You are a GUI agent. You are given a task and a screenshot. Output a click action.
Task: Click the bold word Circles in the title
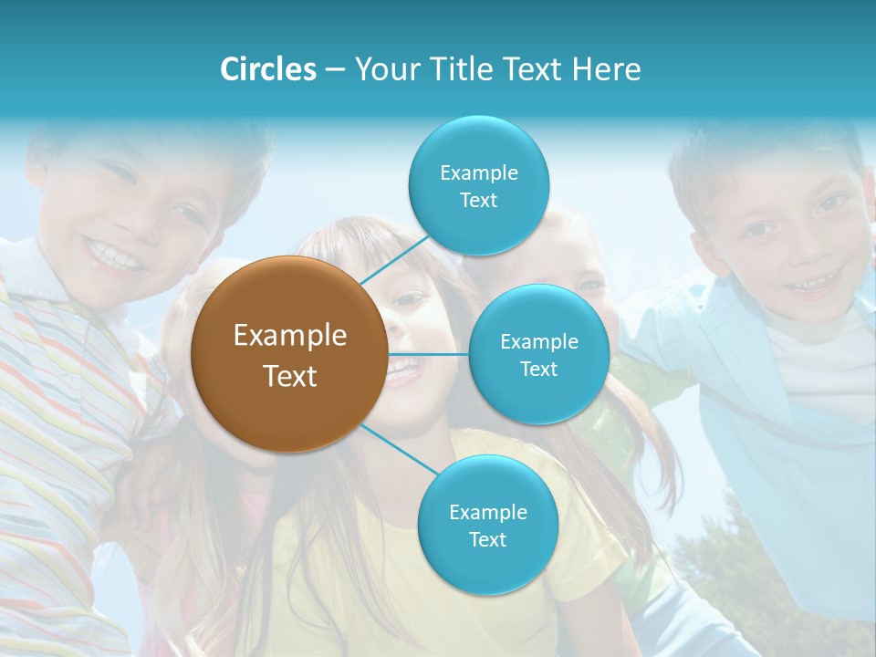268,69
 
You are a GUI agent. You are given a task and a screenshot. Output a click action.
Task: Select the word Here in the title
606,69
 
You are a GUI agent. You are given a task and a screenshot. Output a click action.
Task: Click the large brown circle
289,354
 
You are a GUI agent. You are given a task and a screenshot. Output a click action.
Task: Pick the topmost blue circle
478,185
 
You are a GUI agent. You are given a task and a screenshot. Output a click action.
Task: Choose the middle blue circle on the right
538,354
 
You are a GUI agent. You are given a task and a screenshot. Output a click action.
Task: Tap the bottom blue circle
487,525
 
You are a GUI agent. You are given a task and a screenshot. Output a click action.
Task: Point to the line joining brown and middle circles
429,354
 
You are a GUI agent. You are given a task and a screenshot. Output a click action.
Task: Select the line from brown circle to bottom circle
399,451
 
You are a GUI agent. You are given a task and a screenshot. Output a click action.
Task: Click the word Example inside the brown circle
289,336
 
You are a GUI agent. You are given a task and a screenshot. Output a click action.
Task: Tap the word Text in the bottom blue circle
487,539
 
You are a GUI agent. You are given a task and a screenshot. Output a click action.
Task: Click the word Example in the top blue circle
478,172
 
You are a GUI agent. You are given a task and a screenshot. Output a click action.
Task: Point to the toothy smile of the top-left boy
114,253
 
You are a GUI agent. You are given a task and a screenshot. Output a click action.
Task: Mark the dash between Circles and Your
335,70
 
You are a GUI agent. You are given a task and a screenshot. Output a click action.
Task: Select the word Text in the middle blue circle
538,369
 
